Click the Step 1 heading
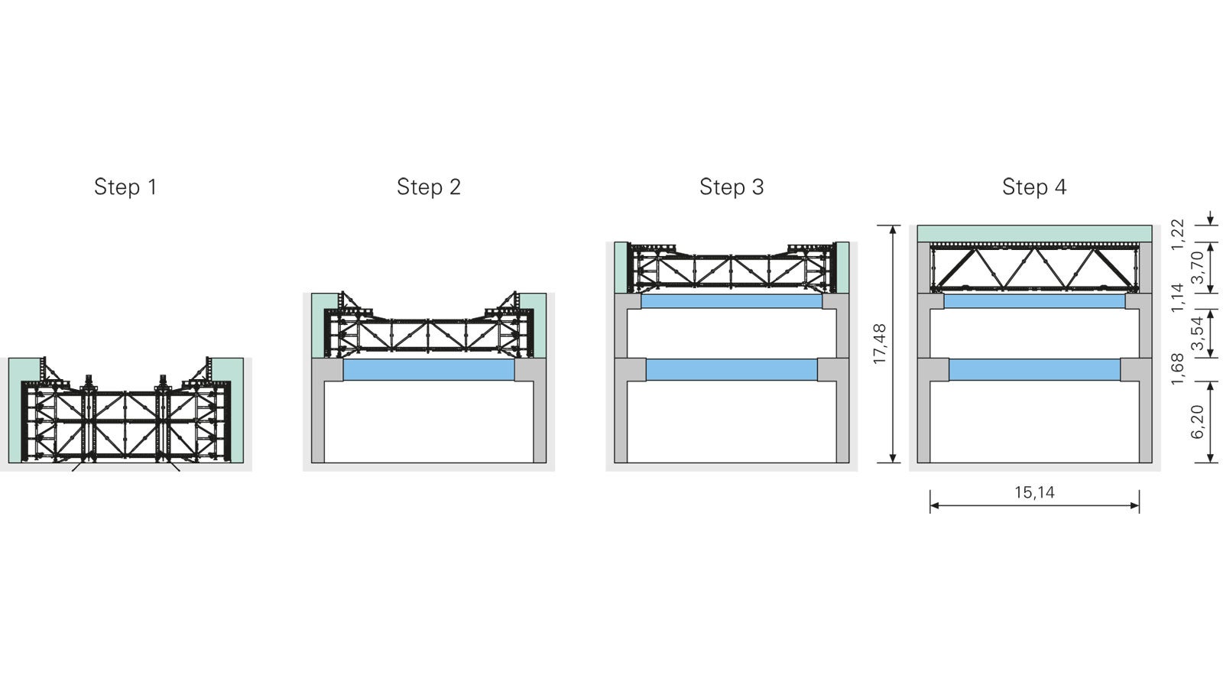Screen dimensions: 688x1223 pos(125,187)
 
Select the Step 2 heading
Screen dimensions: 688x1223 pos(428,187)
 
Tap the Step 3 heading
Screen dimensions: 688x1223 pos(731,187)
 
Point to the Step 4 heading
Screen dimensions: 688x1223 pos(1033,187)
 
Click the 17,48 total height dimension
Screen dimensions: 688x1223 pos(879,344)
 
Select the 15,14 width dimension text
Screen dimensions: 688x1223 pos(1034,493)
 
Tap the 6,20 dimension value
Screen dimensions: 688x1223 pos(1197,422)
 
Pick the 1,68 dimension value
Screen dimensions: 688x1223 pos(1177,364)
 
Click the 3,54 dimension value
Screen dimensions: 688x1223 pos(1197,333)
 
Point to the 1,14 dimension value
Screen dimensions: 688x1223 pos(1177,297)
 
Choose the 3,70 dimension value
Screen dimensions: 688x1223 pos(1197,267)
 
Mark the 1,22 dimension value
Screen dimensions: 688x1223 pos(1177,234)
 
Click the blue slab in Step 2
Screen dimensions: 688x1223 pos(428,370)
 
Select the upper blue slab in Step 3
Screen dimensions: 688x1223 pos(731,301)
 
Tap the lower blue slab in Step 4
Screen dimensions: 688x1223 pos(1034,370)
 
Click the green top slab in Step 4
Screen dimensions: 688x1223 pos(1034,233)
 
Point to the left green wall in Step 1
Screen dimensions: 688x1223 pos(15,413)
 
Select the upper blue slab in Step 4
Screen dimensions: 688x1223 pos(1034,301)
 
